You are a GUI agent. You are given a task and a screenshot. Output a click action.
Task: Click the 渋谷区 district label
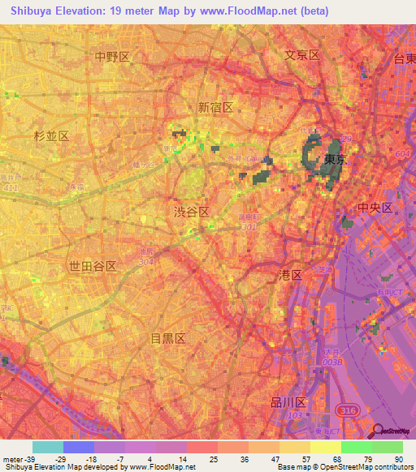click(x=192, y=211)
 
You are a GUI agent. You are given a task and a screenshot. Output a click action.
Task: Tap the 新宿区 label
click(x=215, y=107)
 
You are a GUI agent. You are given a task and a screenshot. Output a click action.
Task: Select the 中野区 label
click(x=112, y=57)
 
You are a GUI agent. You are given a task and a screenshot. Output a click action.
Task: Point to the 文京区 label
click(x=302, y=55)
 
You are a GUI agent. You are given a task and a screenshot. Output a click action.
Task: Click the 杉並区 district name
click(x=52, y=136)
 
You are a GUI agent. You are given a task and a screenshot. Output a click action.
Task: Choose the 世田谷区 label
click(x=93, y=266)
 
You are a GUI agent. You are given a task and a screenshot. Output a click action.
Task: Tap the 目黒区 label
click(x=169, y=337)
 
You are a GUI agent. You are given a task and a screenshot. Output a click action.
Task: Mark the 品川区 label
click(x=288, y=402)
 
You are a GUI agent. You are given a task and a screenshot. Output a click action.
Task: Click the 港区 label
click(x=290, y=276)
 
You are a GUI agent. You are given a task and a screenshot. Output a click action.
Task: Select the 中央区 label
click(x=375, y=208)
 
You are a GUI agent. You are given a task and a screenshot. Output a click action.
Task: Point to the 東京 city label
click(x=335, y=160)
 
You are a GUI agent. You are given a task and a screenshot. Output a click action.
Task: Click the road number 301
click(x=249, y=228)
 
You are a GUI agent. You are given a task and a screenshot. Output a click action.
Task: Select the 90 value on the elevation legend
click(x=397, y=459)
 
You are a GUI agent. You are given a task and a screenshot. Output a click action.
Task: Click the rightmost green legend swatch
click(x=388, y=447)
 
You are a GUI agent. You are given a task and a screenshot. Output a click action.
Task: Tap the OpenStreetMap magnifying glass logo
click(x=379, y=431)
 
